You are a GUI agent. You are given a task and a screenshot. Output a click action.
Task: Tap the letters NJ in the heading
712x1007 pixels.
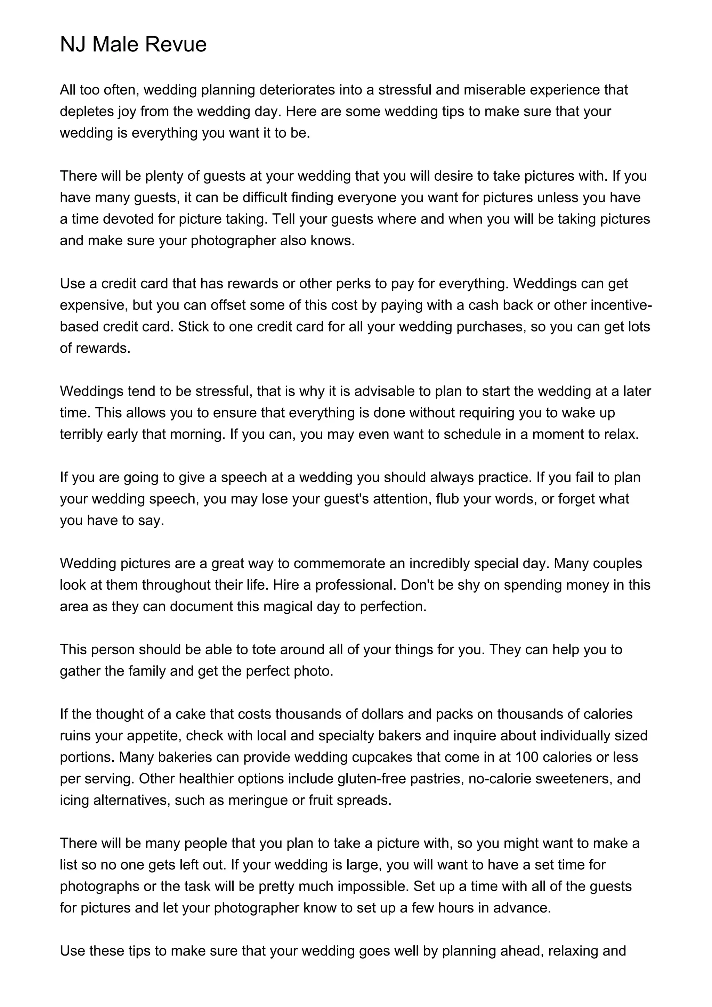pos(73,45)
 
